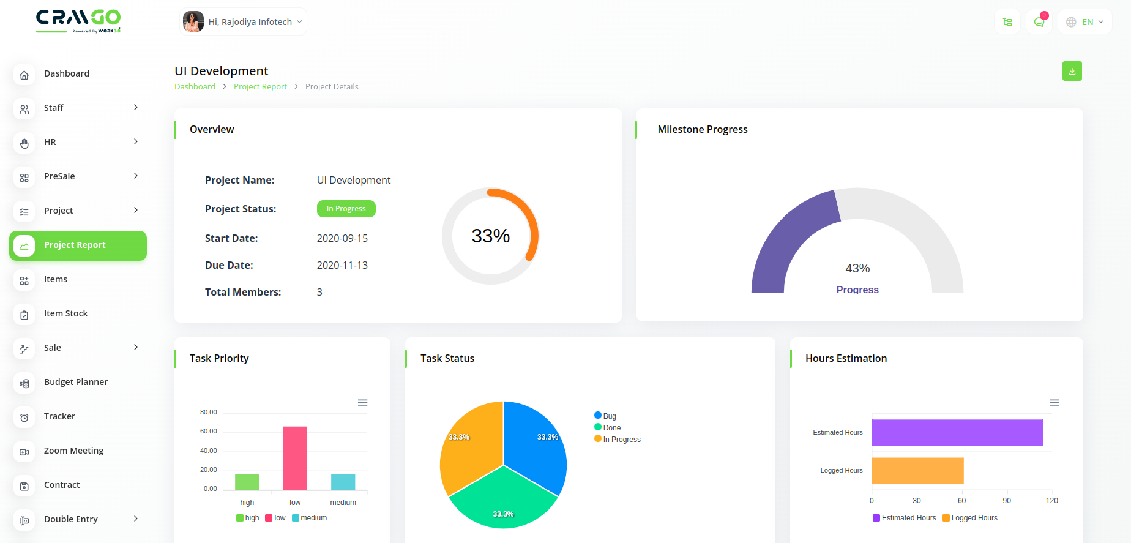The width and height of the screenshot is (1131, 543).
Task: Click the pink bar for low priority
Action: pos(295,458)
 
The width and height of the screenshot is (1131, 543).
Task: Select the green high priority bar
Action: pos(247,482)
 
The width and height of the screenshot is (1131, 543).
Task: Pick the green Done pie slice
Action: pos(503,499)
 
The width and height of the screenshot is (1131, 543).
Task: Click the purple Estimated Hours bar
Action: pos(957,433)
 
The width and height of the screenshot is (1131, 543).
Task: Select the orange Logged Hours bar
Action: pos(917,471)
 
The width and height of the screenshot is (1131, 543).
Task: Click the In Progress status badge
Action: pos(346,209)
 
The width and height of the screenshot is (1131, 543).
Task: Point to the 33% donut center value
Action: pos(490,236)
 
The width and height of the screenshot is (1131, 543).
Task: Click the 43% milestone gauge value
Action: pos(857,269)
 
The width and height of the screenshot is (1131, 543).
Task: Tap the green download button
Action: pos(1072,71)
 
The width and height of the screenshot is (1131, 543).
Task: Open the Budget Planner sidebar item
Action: pos(76,382)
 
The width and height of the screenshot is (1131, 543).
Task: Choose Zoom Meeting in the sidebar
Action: pos(73,451)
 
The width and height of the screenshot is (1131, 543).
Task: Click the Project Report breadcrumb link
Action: pos(260,87)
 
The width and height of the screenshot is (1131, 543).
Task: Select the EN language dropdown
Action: pos(1085,22)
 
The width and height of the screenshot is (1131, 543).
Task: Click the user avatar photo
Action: pos(193,22)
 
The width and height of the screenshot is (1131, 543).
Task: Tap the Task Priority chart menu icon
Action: pos(362,403)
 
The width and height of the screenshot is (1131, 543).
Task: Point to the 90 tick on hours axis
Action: pos(1007,501)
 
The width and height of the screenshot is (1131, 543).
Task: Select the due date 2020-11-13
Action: pos(342,265)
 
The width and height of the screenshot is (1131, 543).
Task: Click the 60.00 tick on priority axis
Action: pos(209,432)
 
